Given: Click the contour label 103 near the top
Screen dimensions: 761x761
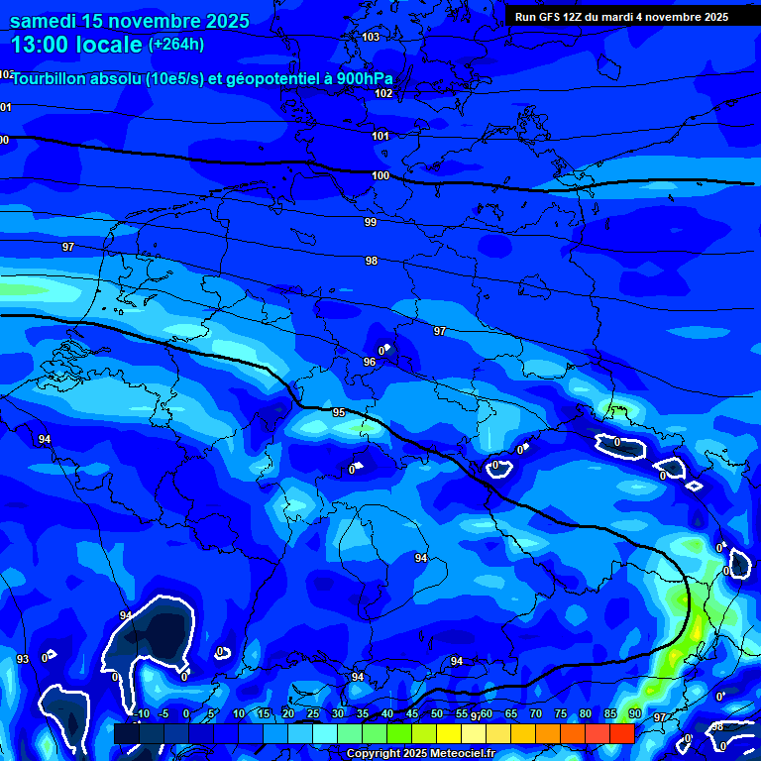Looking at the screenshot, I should coord(371,38).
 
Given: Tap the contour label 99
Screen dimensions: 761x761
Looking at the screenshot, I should coord(371,223).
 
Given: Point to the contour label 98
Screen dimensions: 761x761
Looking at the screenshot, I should coord(372,261).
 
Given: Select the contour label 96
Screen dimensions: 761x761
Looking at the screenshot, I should coord(370,363).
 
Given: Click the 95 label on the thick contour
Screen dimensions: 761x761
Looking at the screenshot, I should coord(339,412).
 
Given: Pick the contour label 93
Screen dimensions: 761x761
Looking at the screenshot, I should coord(23,659).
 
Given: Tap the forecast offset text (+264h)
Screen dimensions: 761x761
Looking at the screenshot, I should coord(175,44).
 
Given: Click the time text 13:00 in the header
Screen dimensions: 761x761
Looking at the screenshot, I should coord(41,45).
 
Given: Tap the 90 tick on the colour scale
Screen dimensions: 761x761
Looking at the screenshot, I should coord(634,713).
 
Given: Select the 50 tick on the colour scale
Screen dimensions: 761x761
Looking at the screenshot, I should coord(436,713).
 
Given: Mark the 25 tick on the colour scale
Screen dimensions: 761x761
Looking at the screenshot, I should coord(312,713).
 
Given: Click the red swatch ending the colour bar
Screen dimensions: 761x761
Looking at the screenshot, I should coord(621,733).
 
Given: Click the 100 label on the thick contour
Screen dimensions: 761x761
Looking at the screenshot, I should coord(380,175).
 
